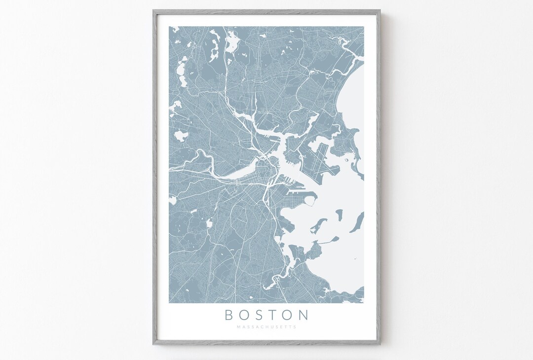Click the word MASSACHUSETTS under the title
coord(266,326)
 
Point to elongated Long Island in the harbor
coord(356,222)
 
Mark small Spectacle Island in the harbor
coord(339,214)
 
